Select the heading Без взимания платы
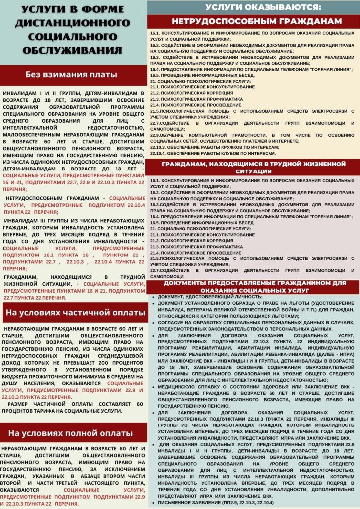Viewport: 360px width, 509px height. click(72, 75)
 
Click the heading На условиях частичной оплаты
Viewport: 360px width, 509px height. click(75, 313)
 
